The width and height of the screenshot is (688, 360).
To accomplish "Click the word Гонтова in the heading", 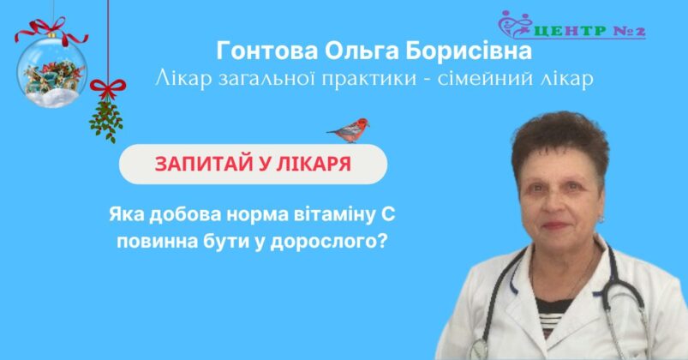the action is pyautogui.click(x=267, y=51).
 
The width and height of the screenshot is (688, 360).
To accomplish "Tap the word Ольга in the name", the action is pyautogui.click(x=362, y=51).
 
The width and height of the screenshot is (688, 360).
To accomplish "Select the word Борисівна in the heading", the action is pyautogui.click(x=468, y=51).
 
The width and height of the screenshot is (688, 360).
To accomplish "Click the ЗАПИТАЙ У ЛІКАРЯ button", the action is pyautogui.click(x=253, y=165).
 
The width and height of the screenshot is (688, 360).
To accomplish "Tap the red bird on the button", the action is pyautogui.click(x=350, y=130).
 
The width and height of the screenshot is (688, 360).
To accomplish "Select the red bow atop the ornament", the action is pyautogui.click(x=51, y=30).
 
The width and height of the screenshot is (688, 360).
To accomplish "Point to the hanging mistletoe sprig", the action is pyautogui.click(x=106, y=120).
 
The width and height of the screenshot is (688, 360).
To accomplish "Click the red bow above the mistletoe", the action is pyautogui.click(x=108, y=88).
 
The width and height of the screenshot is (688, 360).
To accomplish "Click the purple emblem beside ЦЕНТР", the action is pyautogui.click(x=516, y=24).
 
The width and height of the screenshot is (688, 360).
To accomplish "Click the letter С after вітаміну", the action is pyautogui.click(x=387, y=215).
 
